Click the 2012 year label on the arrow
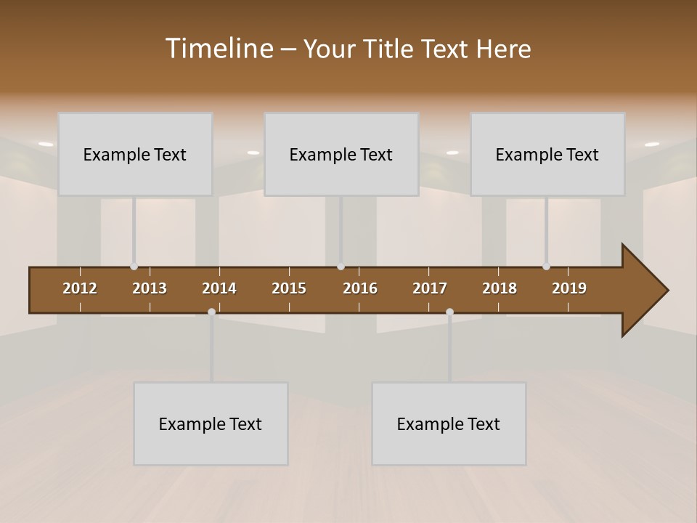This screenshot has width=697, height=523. [x=80, y=288]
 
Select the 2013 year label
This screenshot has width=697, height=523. [x=150, y=288]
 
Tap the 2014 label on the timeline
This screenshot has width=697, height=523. [x=219, y=288]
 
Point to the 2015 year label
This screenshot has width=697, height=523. [x=289, y=288]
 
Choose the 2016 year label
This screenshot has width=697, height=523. [x=360, y=288]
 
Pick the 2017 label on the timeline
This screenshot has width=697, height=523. [x=430, y=288]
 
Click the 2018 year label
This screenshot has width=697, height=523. [x=500, y=288]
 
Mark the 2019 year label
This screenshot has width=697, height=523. [x=569, y=288]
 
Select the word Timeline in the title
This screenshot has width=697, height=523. [x=218, y=49]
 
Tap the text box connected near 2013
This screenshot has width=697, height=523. [x=135, y=154]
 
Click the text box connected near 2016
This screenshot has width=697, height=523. [x=341, y=154]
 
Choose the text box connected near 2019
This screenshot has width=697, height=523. [x=547, y=154]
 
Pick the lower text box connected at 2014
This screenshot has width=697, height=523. [x=211, y=423]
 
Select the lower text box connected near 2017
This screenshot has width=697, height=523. [x=449, y=423]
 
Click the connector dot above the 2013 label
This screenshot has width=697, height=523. [x=134, y=267]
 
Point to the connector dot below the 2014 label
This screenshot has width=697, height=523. [x=211, y=312]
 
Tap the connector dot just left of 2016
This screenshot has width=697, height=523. [x=341, y=267]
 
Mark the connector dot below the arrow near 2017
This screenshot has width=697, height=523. [x=449, y=312]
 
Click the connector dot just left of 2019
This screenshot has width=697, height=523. [x=546, y=267]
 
